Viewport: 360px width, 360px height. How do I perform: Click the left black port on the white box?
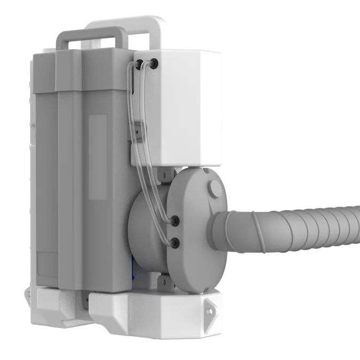point(140,64)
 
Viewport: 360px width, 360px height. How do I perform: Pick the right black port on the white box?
point(154,63)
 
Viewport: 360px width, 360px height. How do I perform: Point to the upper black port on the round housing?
point(174,220)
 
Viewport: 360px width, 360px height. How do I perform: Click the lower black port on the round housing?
point(174,243)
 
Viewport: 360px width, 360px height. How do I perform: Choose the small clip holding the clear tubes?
point(138,129)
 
